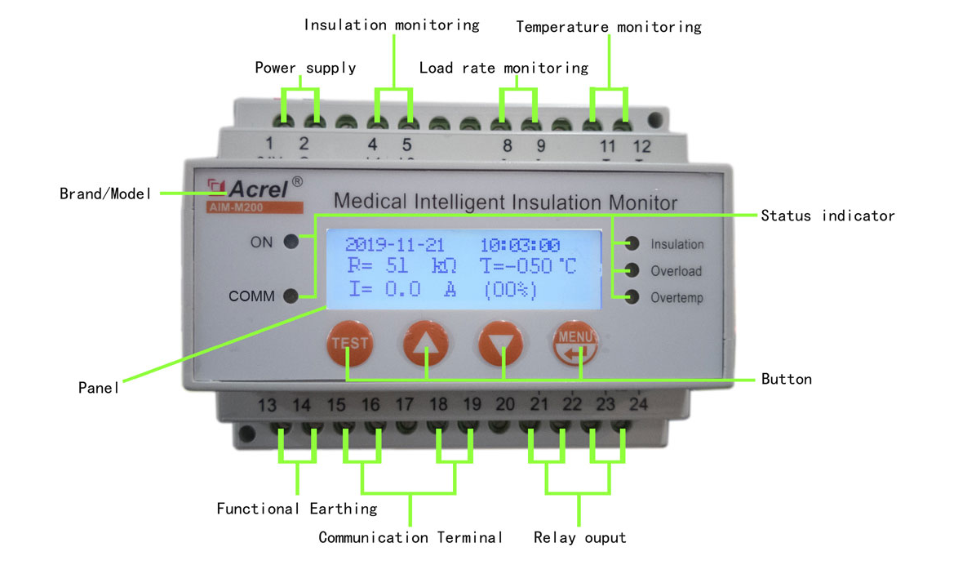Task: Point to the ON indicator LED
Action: (291, 242)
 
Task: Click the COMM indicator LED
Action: (291, 296)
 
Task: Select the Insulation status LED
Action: (632, 243)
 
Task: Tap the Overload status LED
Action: (632, 270)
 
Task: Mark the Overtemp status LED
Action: (632, 297)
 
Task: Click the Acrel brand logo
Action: (249, 189)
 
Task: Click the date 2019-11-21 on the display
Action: (394, 245)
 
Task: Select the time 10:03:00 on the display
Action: (520, 245)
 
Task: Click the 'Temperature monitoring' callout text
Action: (609, 27)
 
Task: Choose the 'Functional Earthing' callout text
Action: (297, 509)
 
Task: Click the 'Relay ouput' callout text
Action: (579, 537)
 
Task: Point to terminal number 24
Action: (639, 404)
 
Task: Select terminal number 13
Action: (267, 405)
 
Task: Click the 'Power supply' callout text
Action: (305, 68)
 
